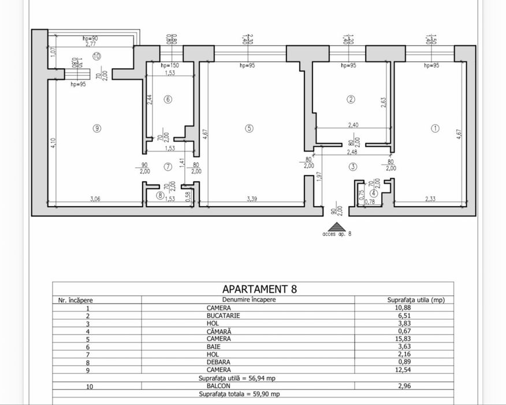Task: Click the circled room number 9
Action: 97,128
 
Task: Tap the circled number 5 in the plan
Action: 248,128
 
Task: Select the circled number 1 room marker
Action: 436,128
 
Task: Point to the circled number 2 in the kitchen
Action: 351,99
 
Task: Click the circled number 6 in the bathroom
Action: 168,99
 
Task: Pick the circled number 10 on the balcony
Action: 96,56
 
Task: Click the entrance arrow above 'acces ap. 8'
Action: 337,227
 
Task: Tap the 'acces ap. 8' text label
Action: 337,234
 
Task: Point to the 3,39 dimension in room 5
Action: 251,199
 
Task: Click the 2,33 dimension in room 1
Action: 430,199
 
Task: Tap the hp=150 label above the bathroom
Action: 170,66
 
